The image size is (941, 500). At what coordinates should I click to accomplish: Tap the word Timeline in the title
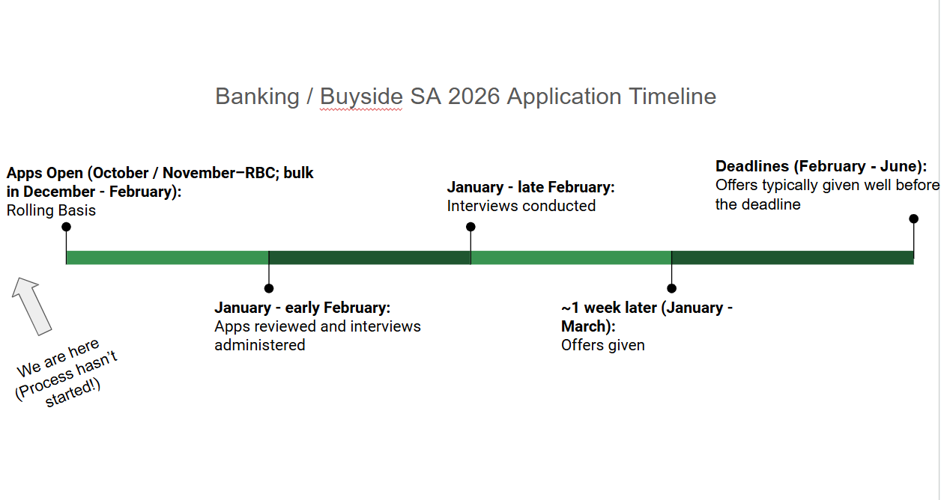pyautogui.click(x=672, y=97)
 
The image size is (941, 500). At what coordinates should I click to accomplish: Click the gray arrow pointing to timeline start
pyautogui.click(x=31, y=305)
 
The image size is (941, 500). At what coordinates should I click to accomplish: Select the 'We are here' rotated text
pyautogui.click(x=59, y=358)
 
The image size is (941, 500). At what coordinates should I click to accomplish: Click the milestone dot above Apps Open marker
pyautogui.click(x=66, y=227)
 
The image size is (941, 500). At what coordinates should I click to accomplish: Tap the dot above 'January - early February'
pyautogui.click(x=269, y=288)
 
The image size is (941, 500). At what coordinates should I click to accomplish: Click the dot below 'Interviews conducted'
pyautogui.click(x=470, y=227)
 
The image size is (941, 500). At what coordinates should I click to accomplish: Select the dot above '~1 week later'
pyautogui.click(x=672, y=288)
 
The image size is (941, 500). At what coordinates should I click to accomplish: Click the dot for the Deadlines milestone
pyautogui.click(x=913, y=219)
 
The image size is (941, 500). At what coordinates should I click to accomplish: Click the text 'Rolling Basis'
pyautogui.click(x=51, y=210)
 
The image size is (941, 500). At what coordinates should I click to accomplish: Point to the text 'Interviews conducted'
pyautogui.click(x=521, y=206)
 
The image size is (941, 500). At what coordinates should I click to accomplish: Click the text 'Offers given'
pyautogui.click(x=603, y=345)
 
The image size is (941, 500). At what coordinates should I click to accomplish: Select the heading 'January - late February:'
pyautogui.click(x=530, y=187)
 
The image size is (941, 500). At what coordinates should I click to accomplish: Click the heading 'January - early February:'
pyautogui.click(x=302, y=308)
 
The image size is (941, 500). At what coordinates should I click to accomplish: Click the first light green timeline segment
pyautogui.click(x=167, y=257)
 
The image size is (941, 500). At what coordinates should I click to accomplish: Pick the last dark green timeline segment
pyautogui.click(x=793, y=257)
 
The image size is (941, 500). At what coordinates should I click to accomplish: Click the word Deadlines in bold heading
pyautogui.click(x=751, y=166)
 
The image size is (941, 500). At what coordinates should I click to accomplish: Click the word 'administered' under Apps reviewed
pyautogui.click(x=260, y=345)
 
